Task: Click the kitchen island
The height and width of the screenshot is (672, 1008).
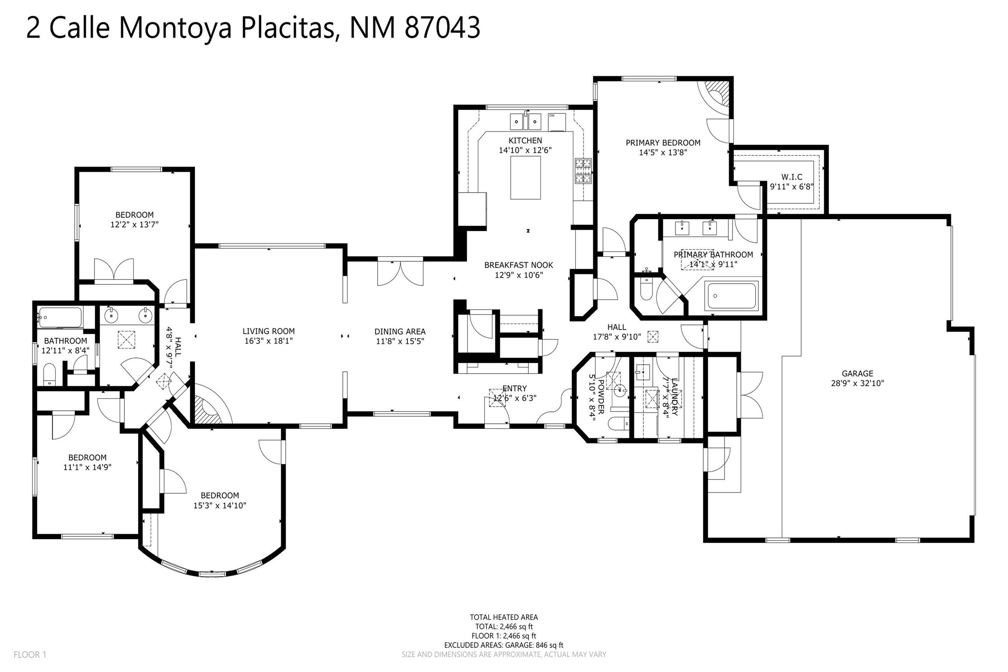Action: (525, 177)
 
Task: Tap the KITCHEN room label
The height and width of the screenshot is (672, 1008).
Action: (525, 141)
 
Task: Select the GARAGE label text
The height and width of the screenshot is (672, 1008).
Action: (857, 374)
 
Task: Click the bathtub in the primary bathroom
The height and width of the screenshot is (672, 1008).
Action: (731, 296)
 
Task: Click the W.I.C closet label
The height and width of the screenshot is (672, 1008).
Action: (791, 177)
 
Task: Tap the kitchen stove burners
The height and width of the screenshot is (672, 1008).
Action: (583, 170)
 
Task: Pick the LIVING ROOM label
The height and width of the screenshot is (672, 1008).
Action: (269, 331)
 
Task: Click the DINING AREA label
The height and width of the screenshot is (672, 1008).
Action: (400, 332)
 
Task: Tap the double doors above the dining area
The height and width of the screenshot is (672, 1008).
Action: (400, 273)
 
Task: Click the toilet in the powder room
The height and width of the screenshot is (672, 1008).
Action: (619, 423)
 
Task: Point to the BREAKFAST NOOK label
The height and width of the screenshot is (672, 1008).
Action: (519, 265)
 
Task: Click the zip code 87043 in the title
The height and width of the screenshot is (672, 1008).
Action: (443, 28)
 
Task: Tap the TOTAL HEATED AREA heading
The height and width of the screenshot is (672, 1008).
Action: (504, 617)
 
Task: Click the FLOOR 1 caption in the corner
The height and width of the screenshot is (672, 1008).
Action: (30, 655)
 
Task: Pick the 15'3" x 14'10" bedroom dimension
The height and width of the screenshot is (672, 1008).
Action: (219, 505)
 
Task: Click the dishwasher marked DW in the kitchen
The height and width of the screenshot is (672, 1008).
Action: (557, 122)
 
